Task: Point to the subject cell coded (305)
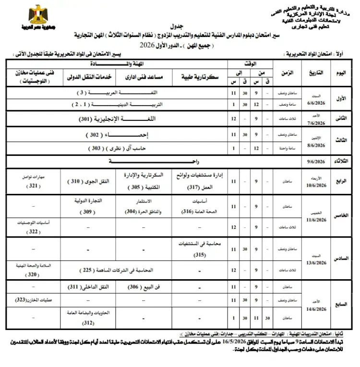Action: click(146, 182)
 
